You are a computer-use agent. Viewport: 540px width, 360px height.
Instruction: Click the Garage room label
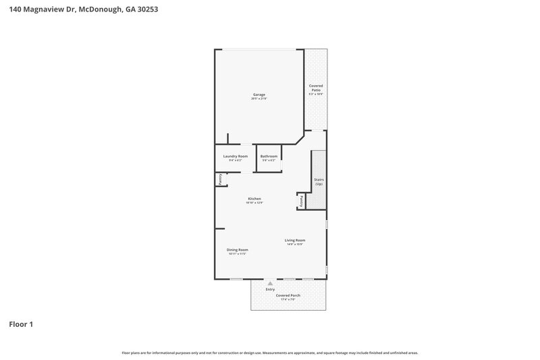[259, 95]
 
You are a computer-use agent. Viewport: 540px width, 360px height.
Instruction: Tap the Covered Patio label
[316, 88]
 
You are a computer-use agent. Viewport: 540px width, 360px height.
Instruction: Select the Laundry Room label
[236, 156]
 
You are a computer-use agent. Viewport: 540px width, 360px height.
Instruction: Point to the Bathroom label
[269, 156]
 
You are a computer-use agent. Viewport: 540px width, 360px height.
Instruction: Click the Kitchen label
[254, 199]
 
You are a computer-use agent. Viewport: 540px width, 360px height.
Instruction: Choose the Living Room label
[295, 240]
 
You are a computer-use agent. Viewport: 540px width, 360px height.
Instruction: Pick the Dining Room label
[238, 250]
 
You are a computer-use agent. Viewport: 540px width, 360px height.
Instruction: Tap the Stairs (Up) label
[319, 182]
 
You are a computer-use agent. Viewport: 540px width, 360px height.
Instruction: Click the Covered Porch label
[288, 295]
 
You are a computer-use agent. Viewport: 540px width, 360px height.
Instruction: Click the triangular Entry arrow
[270, 284]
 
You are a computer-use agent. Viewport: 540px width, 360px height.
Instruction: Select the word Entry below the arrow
[270, 290]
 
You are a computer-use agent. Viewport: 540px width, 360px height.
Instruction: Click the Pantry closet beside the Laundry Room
[219, 179]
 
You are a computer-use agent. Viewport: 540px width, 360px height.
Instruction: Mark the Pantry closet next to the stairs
[301, 201]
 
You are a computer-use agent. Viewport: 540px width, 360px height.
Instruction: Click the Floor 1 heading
[21, 324]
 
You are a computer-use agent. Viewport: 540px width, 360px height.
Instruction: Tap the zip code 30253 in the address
[146, 10]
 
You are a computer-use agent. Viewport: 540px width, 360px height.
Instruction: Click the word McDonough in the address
[100, 10]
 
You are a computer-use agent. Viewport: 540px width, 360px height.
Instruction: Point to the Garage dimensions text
[259, 99]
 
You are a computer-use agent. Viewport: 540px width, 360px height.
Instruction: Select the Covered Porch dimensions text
[288, 299]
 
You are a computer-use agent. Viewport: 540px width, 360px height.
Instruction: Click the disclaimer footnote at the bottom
[270, 353]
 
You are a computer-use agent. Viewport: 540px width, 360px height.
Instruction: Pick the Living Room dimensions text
[295, 245]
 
